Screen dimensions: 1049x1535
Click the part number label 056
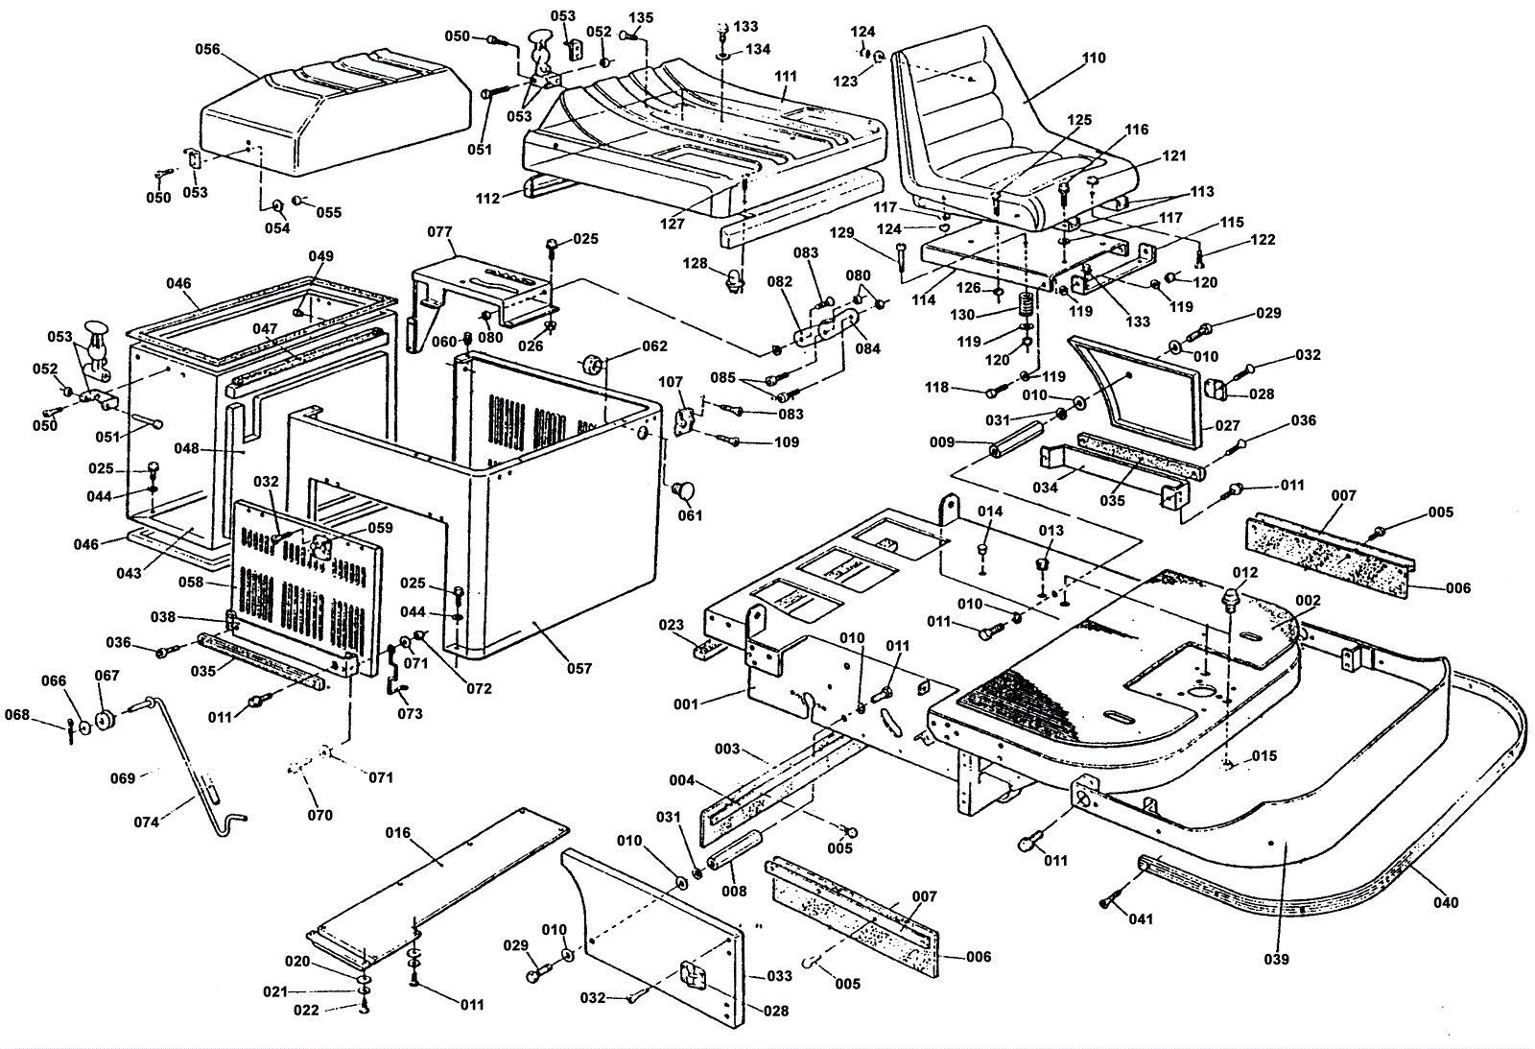207,49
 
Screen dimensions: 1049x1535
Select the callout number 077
439,231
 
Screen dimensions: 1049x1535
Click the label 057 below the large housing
579,668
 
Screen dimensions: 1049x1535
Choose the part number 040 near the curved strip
1445,901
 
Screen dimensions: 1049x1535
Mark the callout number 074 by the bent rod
146,822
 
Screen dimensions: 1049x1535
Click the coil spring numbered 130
1026,307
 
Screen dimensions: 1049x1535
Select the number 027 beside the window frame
1227,425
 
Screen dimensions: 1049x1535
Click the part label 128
694,263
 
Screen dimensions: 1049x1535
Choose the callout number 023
671,625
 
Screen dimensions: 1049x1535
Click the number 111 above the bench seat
786,76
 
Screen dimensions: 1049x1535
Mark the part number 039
1276,958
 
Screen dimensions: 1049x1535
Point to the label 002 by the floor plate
1308,601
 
